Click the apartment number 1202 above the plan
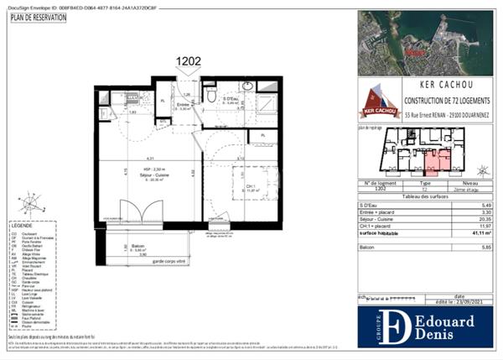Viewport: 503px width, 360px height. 189,60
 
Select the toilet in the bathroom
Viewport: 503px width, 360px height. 211,97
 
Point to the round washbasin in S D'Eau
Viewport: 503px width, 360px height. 249,87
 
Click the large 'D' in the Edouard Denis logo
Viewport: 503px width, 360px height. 399,327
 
